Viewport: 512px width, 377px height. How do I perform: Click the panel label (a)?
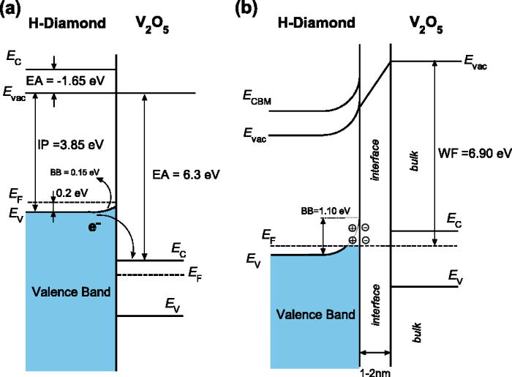pyautogui.click(x=12, y=10)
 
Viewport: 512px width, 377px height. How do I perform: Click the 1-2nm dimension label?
pyautogui.click(x=374, y=370)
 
